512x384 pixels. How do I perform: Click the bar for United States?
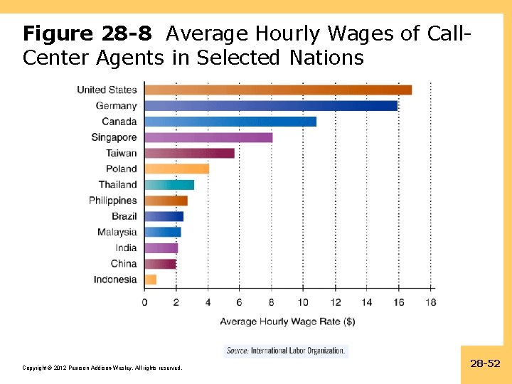pyautogui.click(x=277, y=90)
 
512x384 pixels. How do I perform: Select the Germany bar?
pyautogui.click(x=270, y=106)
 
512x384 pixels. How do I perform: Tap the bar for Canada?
pyautogui.click(x=230, y=122)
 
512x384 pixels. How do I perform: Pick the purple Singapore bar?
pyautogui.click(x=208, y=137)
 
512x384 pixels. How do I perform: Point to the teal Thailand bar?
pyautogui.click(x=169, y=185)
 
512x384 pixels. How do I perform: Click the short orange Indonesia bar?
pyautogui.click(x=150, y=279)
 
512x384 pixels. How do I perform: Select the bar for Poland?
pyautogui.click(x=176, y=169)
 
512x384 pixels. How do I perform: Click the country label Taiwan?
pyautogui.click(x=121, y=153)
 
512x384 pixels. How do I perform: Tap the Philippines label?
pyautogui.click(x=112, y=201)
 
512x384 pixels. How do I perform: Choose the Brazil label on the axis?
pyautogui.click(x=124, y=216)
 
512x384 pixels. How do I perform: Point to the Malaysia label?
pyautogui.click(x=117, y=232)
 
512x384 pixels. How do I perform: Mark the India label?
pyautogui.click(x=126, y=248)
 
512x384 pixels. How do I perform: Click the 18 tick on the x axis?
pyautogui.click(x=430, y=302)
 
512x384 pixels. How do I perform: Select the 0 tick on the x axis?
pyautogui.click(x=144, y=302)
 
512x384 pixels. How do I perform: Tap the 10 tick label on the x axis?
pyautogui.click(x=303, y=302)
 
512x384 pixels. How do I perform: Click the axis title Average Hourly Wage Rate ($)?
pyautogui.click(x=287, y=321)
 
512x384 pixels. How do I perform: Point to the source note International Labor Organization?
pyautogui.click(x=286, y=351)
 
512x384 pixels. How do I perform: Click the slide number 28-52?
pyautogui.click(x=485, y=364)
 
